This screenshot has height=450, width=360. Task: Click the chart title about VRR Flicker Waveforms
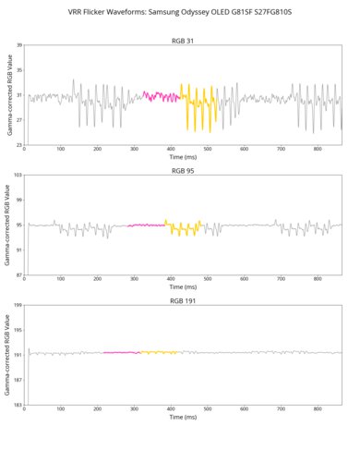(x=179, y=13)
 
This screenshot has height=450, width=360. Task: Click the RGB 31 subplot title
(x=183, y=41)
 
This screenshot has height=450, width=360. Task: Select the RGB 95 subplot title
(x=183, y=171)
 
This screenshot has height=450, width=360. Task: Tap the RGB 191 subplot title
(x=183, y=301)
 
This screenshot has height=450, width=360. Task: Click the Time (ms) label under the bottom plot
(x=183, y=419)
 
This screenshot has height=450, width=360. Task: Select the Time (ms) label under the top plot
(x=183, y=158)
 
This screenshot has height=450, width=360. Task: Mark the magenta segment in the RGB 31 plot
(x=161, y=95)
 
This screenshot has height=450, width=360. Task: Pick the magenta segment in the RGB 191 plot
(x=120, y=352)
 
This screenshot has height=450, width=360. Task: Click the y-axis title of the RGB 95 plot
(x=8, y=225)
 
